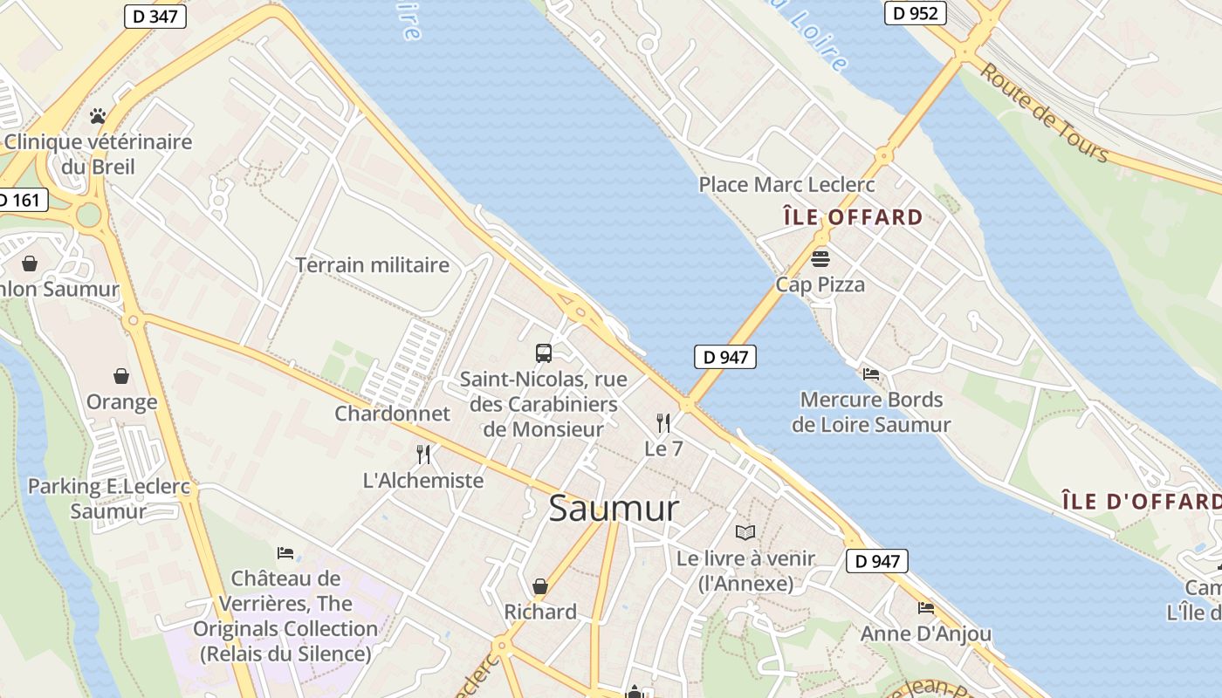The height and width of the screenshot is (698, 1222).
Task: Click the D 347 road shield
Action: (x=155, y=17)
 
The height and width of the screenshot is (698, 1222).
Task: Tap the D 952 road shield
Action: (x=916, y=13)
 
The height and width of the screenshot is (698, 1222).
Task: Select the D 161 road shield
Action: (x=19, y=200)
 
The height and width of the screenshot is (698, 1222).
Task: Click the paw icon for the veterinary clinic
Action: (x=98, y=116)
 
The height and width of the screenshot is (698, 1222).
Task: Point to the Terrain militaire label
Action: (x=372, y=265)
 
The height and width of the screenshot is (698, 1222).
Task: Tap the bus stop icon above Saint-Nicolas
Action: (x=544, y=353)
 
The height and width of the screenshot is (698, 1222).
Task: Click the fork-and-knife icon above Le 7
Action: (x=663, y=423)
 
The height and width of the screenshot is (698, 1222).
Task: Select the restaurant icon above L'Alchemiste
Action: (x=423, y=455)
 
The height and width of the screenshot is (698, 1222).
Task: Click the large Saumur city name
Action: (x=614, y=509)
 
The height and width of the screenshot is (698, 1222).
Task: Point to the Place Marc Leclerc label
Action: (x=786, y=185)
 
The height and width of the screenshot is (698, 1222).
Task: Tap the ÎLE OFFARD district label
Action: (x=853, y=217)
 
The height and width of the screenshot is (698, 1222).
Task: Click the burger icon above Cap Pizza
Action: (x=820, y=258)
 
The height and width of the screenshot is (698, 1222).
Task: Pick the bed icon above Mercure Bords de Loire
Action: (x=870, y=374)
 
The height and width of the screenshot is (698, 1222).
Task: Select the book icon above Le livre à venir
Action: (x=745, y=532)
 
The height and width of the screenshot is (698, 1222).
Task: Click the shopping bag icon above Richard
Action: (x=540, y=586)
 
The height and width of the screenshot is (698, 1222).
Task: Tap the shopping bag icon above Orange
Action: (x=121, y=376)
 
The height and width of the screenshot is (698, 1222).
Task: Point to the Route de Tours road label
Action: (x=1044, y=113)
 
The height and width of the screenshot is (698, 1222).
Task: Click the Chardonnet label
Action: (x=392, y=414)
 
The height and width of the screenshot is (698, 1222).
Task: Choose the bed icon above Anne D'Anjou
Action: (x=926, y=607)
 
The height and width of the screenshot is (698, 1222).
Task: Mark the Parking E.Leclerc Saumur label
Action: (x=108, y=499)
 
